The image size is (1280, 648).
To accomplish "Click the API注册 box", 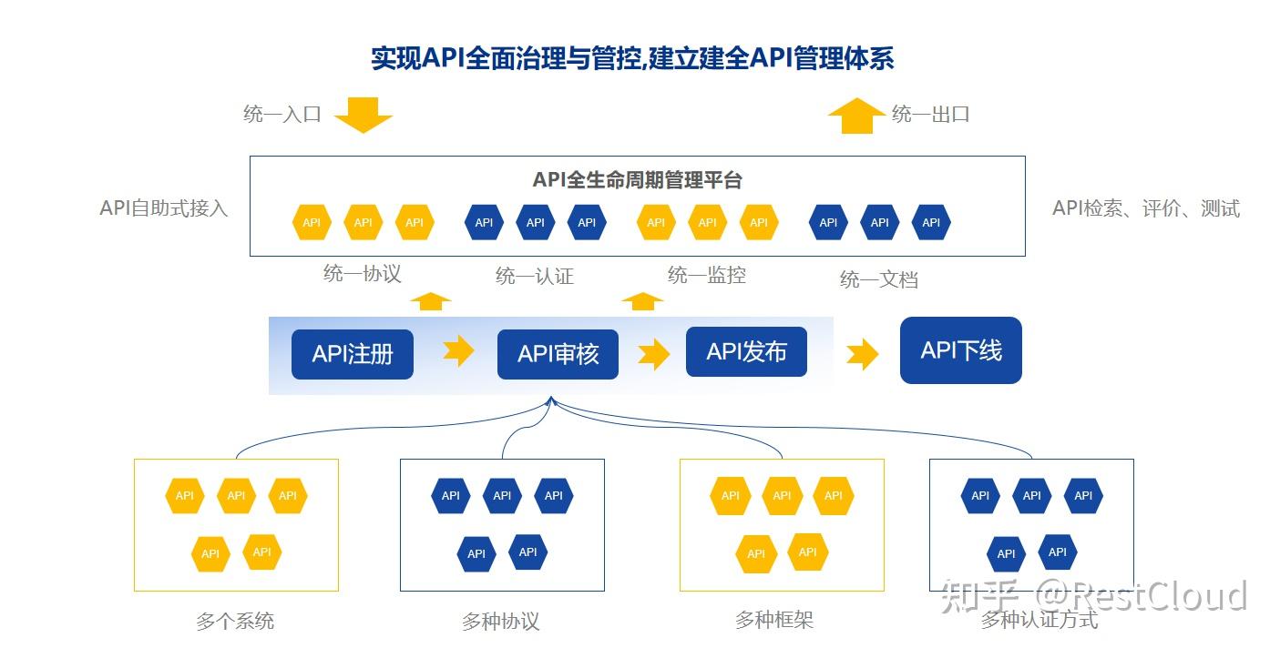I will [x=352, y=354].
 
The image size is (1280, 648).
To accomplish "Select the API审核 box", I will [x=558, y=354].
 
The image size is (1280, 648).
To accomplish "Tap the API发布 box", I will [x=746, y=351].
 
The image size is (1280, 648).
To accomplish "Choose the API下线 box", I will [x=960, y=350].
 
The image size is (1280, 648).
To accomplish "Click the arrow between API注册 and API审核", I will [x=458, y=350].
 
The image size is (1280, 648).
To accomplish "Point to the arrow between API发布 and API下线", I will [x=862, y=354].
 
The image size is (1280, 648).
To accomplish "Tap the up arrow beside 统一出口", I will [x=855, y=116].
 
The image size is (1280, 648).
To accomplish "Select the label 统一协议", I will [x=362, y=273].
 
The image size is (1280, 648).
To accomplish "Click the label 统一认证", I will [x=534, y=276].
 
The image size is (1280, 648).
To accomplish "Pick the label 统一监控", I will [x=706, y=274].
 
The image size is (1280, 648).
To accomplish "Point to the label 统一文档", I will [x=878, y=279].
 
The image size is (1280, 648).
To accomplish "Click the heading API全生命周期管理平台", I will [x=637, y=179].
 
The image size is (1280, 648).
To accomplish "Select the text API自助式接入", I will [x=163, y=208].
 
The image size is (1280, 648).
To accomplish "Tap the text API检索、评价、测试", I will [x=1145, y=208].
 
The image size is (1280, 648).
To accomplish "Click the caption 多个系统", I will [x=235, y=622].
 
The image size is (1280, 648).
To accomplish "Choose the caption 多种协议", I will [x=500, y=622].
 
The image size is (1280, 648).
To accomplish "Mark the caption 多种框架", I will [x=773, y=620].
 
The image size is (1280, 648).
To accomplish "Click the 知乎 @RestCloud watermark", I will [x=1094, y=596].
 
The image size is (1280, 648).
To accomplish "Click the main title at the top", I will [x=631, y=58].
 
